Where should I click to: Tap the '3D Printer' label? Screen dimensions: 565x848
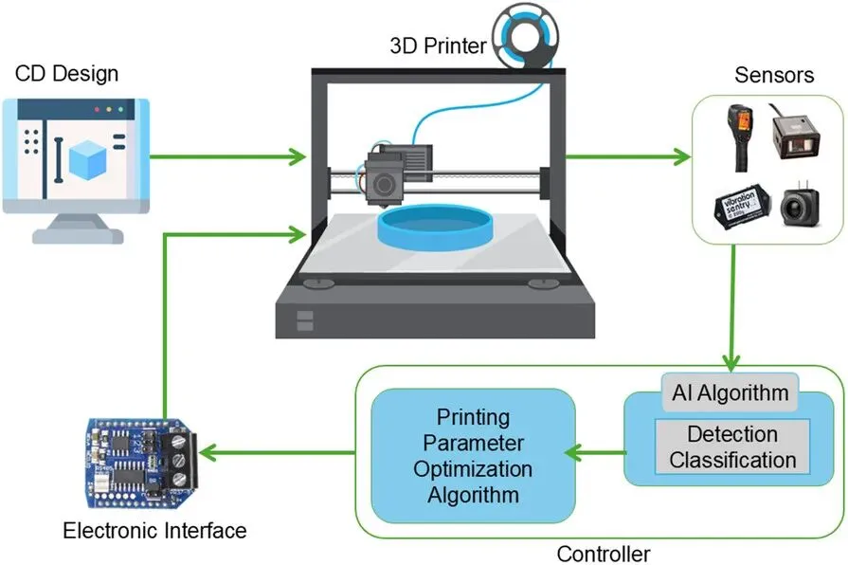(x=438, y=45)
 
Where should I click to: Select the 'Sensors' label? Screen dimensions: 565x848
(x=774, y=76)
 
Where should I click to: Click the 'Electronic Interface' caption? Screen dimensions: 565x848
(x=154, y=530)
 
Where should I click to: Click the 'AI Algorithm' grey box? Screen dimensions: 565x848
(x=730, y=392)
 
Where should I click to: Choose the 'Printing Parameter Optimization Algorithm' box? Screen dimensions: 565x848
(x=473, y=455)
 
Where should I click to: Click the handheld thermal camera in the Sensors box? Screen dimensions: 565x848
(x=739, y=134)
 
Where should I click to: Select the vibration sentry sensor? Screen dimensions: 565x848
(x=739, y=206)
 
